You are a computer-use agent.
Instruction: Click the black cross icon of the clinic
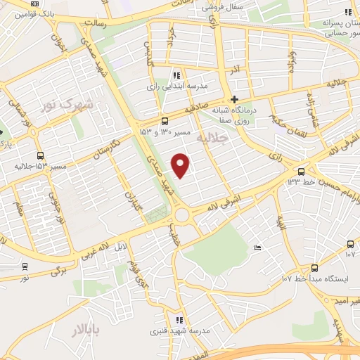pyautogui.click(x=235, y=98)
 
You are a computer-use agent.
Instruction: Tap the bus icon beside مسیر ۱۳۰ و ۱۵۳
pyautogui.click(x=164, y=120)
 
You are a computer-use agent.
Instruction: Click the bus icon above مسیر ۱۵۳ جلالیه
pyautogui.click(x=39, y=155)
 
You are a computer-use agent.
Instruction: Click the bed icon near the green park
pyautogui.click(x=257, y=247)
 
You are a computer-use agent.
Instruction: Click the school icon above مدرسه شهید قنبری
pyautogui.click(x=180, y=320)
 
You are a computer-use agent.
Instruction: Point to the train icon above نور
pyautogui.click(x=25, y=266)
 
